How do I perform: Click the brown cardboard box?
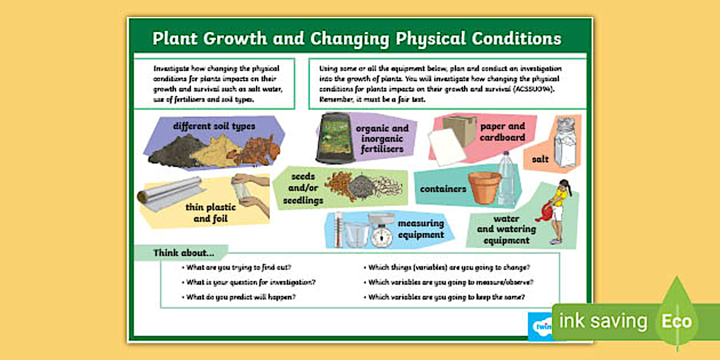pyautogui.click(x=460, y=130)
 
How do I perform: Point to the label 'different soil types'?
pyautogui.click(x=214, y=126)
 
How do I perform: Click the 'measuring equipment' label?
pyautogui.click(x=421, y=229)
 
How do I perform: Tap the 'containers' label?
pyautogui.click(x=443, y=189)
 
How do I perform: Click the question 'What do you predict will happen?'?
pyautogui.click(x=241, y=297)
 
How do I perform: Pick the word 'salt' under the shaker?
pyautogui.click(x=540, y=159)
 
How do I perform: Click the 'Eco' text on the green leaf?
pyautogui.click(x=677, y=321)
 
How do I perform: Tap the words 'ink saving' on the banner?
pyautogui.click(x=603, y=321)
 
